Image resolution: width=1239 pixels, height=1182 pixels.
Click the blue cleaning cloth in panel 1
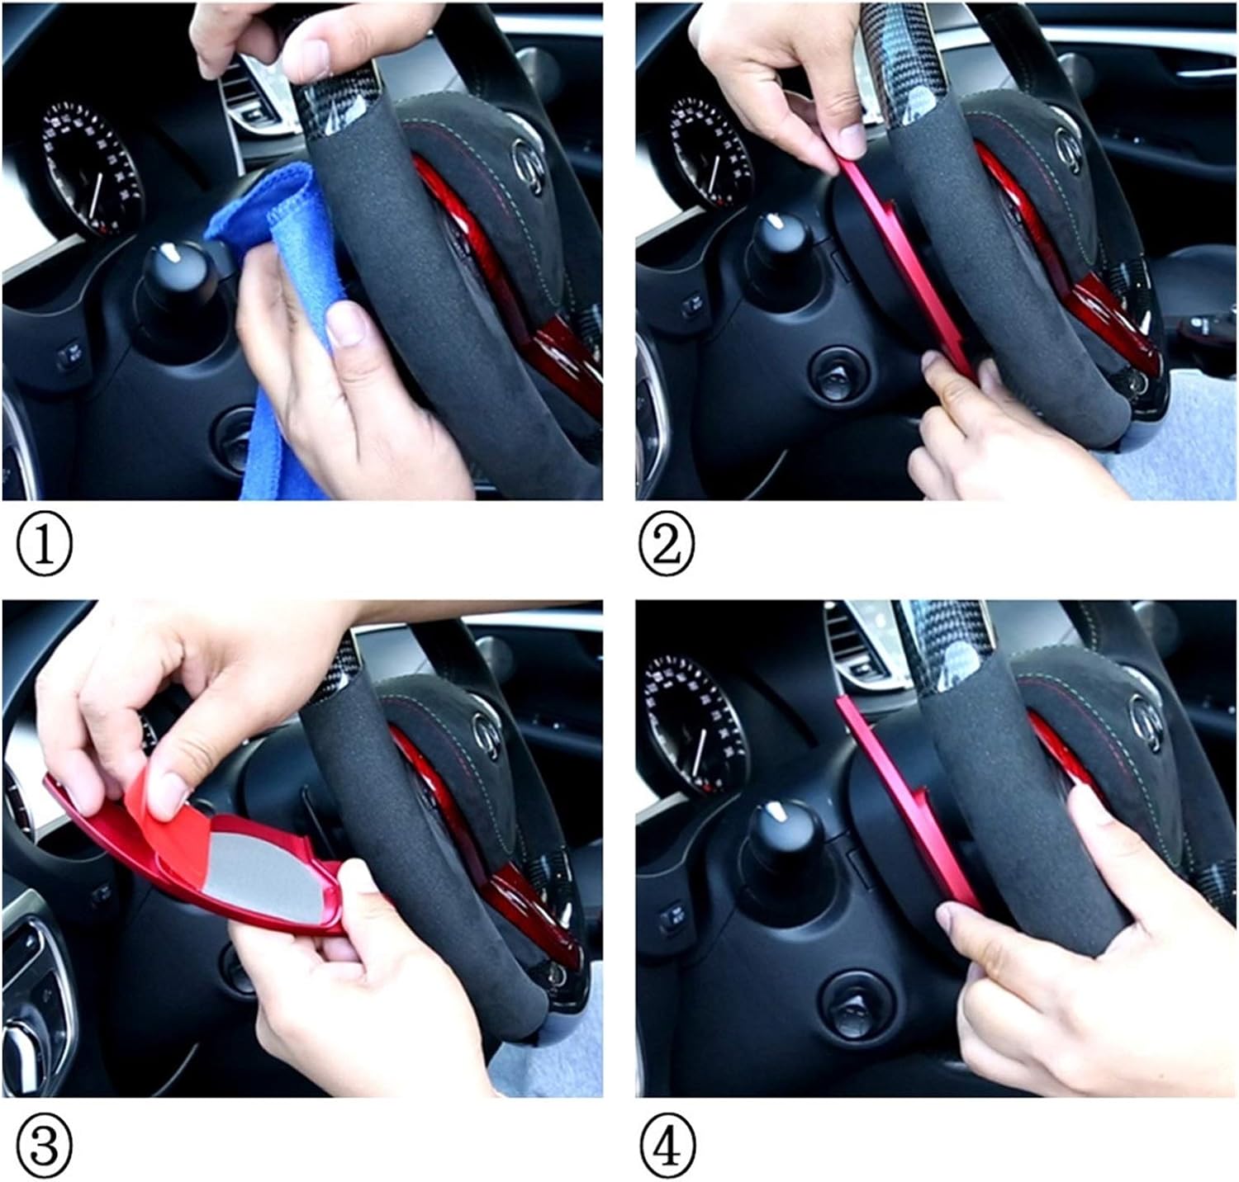(273, 330)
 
